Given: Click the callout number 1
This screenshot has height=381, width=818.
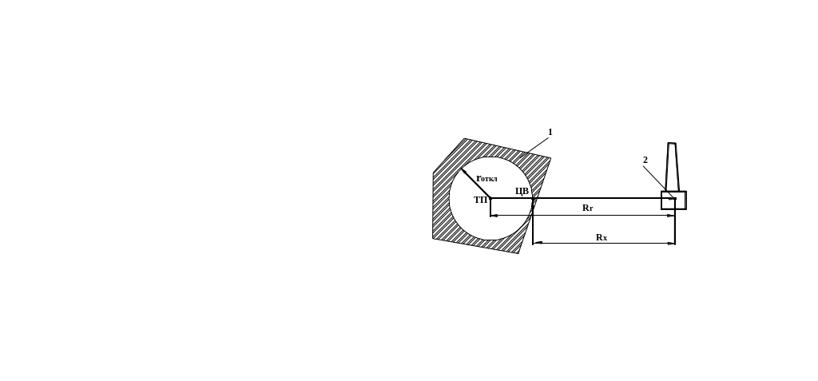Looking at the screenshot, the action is (550, 133).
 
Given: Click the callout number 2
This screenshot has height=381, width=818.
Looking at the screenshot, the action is (645, 161).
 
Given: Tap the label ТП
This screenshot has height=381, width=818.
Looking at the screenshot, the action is (480, 200).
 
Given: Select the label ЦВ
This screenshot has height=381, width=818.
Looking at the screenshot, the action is (522, 191).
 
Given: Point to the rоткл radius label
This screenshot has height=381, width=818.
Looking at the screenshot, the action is (486, 178).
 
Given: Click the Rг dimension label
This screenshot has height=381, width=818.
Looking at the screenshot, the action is (587, 208).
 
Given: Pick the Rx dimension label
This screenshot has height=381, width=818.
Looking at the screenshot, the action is (602, 237).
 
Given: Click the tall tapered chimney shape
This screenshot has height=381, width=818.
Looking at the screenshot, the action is (672, 167).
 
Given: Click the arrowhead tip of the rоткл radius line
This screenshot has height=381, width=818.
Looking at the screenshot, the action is (462, 169).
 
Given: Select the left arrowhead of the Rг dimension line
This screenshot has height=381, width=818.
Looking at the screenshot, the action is (494, 216).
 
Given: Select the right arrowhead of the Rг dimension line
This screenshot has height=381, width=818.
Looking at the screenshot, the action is (671, 216).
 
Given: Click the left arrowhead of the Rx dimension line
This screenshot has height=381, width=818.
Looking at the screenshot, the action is (538, 243).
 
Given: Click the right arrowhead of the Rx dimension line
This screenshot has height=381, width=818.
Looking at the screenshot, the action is (671, 243).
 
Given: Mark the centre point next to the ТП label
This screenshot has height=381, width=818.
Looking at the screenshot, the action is (490, 198).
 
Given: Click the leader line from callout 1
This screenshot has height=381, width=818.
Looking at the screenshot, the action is (534, 147).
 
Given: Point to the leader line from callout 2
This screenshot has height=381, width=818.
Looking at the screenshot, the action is (658, 182).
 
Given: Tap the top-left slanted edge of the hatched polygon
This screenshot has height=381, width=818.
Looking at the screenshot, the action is (449, 156).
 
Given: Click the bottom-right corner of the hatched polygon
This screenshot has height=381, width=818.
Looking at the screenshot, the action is (518, 254).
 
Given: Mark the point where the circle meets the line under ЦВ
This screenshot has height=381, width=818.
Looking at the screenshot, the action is (532, 198).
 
